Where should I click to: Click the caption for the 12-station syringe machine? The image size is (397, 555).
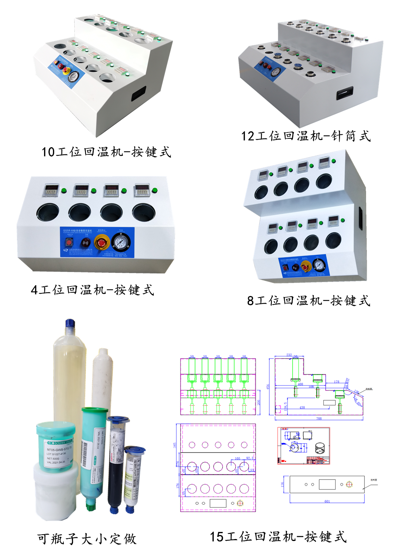click(306, 136)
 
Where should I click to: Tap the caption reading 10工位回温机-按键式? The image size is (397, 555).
click(106, 152)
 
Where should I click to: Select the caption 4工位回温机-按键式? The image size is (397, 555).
click(93, 290)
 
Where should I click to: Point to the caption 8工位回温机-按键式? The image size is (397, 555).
click(308, 300)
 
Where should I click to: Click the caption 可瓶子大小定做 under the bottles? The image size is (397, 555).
click(87, 539)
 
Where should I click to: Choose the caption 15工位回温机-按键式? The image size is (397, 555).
click(278, 537)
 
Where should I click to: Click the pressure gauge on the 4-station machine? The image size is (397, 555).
click(121, 243)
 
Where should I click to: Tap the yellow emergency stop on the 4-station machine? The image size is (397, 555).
click(101, 242)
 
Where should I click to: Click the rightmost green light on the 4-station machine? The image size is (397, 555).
click(154, 191)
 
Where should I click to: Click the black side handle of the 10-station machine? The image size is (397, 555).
click(139, 94)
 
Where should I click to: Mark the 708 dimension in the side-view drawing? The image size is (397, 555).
click(319, 418)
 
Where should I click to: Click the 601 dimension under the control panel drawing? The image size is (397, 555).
click(327, 501)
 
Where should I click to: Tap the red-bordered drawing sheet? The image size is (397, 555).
click(303, 445)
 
